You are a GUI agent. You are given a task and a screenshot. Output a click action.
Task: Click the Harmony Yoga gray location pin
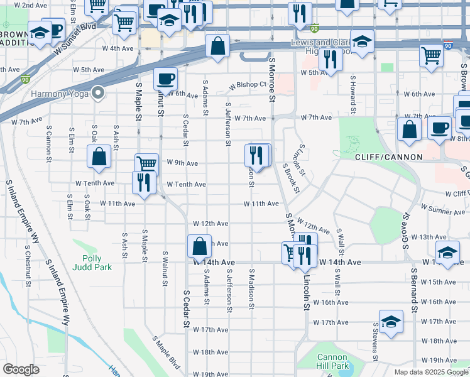click(x=97, y=94)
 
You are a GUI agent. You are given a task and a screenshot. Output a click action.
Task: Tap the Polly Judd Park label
click(x=96, y=263)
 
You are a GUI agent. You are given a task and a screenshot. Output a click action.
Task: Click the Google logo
click(x=21, y=369)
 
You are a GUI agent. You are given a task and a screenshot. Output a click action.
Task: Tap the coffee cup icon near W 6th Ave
click(x=165, y=79)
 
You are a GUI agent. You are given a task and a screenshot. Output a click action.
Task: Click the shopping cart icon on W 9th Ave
click(x=146, y=164)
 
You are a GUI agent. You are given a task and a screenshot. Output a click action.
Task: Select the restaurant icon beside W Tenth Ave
click(x=144, y=182)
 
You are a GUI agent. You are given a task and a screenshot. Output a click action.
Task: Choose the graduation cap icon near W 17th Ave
click(x=390, y=322)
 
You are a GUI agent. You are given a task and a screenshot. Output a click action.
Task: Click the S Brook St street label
click(x=290, y=177)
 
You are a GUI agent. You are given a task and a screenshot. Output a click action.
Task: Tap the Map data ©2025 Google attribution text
click(x=430, y=372)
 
